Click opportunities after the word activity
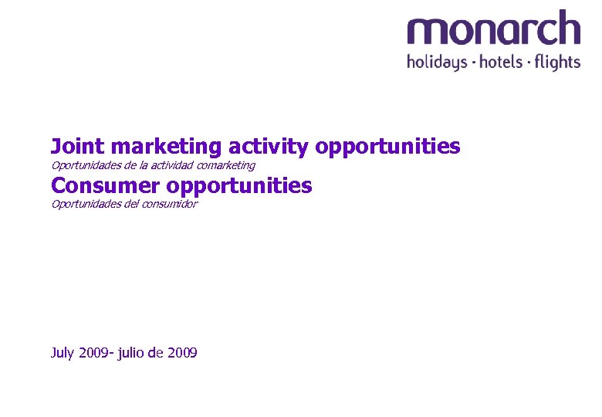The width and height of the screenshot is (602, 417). (x=388, y=146)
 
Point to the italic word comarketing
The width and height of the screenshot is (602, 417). (x=226, y=165)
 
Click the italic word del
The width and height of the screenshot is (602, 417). (x=136, y=204)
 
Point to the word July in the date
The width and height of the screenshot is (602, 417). (x=63, y=353)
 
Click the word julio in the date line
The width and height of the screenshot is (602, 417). (x=130, y=353)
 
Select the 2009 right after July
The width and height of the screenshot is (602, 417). (x=95, y=353)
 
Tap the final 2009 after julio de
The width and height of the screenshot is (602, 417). (x=182, y=353)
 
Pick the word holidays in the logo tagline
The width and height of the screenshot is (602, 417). (x=437, y=62)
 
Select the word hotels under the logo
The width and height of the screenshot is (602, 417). (x=502, y=62)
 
